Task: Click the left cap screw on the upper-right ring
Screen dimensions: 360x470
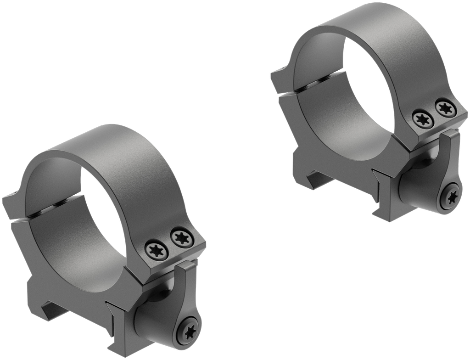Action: click(x=421, y=118)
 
